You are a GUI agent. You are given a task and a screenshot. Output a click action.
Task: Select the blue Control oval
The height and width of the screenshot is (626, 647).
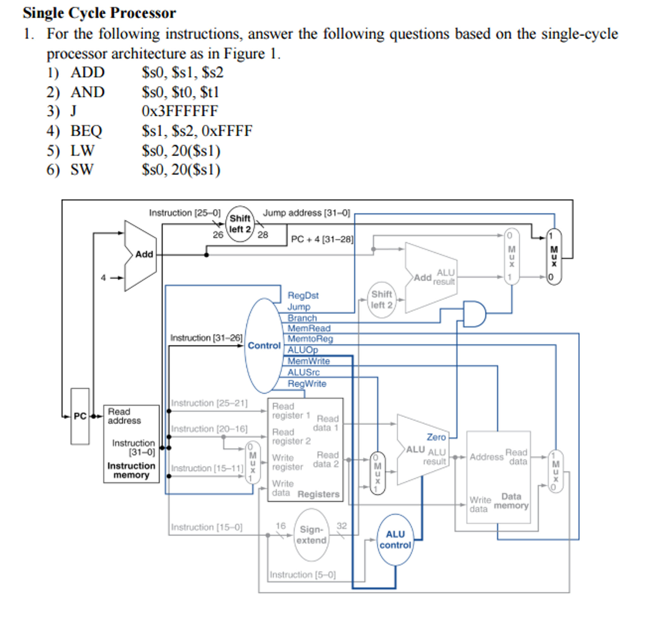pyautogui.click(x=264, y=346)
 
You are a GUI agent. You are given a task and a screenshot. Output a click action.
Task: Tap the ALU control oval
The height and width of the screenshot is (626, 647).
pyautogui.click(x=395, y=540)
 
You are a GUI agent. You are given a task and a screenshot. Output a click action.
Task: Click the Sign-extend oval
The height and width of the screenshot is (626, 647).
pyautogui.click(x=311, y=535)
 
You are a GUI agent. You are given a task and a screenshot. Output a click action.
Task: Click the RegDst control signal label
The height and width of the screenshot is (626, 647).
pyautogui.click(x=303, y=295)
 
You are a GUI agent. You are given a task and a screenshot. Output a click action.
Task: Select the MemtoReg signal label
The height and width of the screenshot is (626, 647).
pyautogui.click(x=310, y=339)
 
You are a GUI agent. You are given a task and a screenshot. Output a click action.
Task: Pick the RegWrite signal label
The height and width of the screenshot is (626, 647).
pyautogui.click(x=307, y=384)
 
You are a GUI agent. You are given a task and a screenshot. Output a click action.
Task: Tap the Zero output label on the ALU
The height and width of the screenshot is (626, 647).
pyautogui.click(x=436, y=437)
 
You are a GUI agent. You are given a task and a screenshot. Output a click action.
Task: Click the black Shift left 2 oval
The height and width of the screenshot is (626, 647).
pyautogui.click(x=240, y=224)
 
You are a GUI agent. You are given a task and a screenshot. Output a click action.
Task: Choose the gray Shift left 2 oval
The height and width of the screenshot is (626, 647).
pyautogui.click(x=381, y=300)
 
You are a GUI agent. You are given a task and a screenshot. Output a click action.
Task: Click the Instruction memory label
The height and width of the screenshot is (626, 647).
pyautogui.click(x=131, y=470)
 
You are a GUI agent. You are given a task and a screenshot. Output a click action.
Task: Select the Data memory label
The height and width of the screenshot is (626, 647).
pyautogui.click(x=511, y=501)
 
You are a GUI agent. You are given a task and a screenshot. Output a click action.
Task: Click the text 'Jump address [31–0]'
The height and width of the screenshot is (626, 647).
pyautogui.click(x=306, y=213)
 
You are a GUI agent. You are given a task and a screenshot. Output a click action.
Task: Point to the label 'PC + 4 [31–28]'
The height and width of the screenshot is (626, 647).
pyautogui.click(x=322, y=239)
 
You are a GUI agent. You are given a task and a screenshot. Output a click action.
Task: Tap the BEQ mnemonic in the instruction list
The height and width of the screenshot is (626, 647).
pyautogui.click(x=86, y=131)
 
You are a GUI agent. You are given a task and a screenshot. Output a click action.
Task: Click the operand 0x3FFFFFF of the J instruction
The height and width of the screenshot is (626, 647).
pyautogui.click(x=180, y=111)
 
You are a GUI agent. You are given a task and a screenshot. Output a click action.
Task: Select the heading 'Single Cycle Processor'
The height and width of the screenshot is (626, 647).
pyautogui.click(x=99, y=13)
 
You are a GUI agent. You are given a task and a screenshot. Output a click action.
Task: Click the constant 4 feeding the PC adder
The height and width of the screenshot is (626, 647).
pyautogui.click(x=103, y=278)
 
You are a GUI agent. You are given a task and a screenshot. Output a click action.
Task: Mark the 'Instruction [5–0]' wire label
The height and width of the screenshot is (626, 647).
pyautogui.click(x=302, y=575)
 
